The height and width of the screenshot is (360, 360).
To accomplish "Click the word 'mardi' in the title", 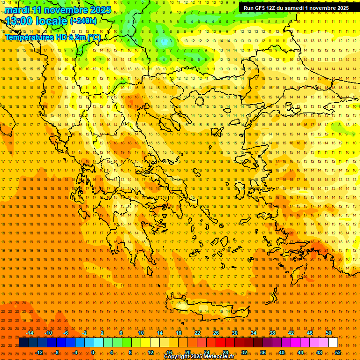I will click(x=15, y=10).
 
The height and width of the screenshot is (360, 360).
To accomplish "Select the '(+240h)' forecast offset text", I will click(x=83, y=21).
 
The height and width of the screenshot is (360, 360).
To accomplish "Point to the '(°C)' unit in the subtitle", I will click(x=94, y=37).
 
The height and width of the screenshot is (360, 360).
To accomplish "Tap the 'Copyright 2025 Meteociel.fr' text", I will click(x=199, y=357).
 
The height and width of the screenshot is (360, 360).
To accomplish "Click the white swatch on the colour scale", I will click(x=333, y=343).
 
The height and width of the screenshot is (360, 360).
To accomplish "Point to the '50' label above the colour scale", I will click(x=329, y=333).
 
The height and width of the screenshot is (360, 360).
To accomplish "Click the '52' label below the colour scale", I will click(x=338, y=352).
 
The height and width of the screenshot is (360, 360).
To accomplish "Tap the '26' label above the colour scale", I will click(x=216, y=333).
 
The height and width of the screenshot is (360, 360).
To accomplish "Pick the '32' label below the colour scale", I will click(x=244, y=352).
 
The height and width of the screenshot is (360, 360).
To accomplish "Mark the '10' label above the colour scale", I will click(x=141, y=333).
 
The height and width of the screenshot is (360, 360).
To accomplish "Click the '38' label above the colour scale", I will click(x=272, y=333).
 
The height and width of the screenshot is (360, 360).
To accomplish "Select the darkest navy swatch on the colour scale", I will click(x=23, y=343).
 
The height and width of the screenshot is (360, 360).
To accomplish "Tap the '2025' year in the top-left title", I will click(x=99, y=10).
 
